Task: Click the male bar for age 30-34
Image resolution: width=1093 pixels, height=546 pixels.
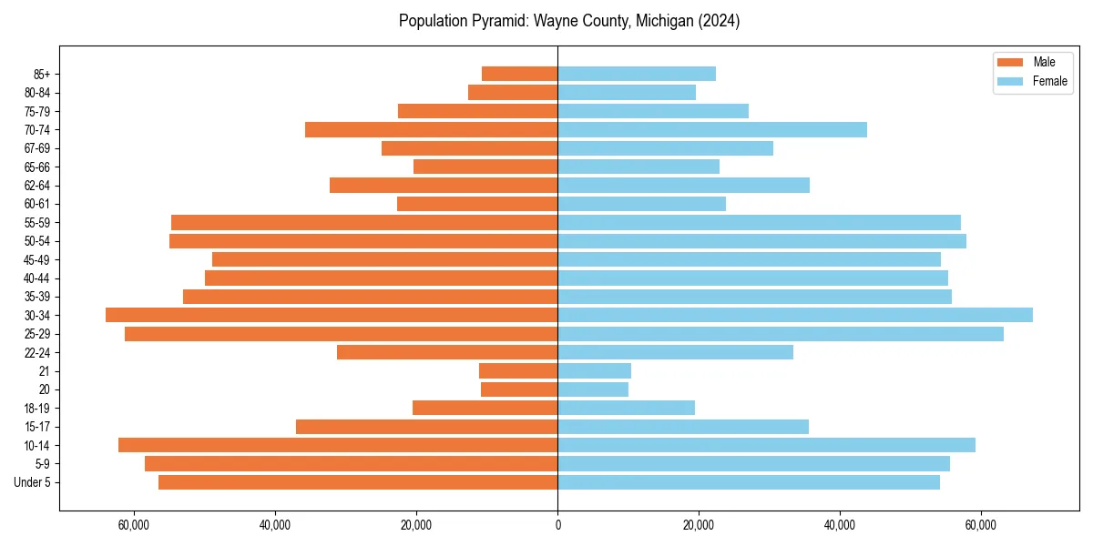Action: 332,315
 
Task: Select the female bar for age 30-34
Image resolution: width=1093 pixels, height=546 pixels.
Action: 794,315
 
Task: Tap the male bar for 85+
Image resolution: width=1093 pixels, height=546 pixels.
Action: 519,74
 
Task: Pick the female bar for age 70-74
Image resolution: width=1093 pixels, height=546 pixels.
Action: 712,129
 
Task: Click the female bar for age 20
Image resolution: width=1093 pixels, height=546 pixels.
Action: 593,389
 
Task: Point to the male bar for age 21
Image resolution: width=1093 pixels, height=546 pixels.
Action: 518,370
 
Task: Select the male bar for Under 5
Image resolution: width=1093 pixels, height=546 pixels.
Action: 358,482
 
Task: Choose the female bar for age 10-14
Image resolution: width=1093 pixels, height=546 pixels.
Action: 766,445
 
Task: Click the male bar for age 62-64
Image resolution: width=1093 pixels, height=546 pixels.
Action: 444,185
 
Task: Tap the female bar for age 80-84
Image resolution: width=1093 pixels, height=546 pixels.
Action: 627,92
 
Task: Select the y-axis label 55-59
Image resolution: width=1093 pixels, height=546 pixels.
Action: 37,222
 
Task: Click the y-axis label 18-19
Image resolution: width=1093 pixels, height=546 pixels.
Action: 37,408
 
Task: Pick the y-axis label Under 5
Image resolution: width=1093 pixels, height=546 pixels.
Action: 33,482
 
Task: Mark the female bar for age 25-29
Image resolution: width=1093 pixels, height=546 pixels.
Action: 781,334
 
